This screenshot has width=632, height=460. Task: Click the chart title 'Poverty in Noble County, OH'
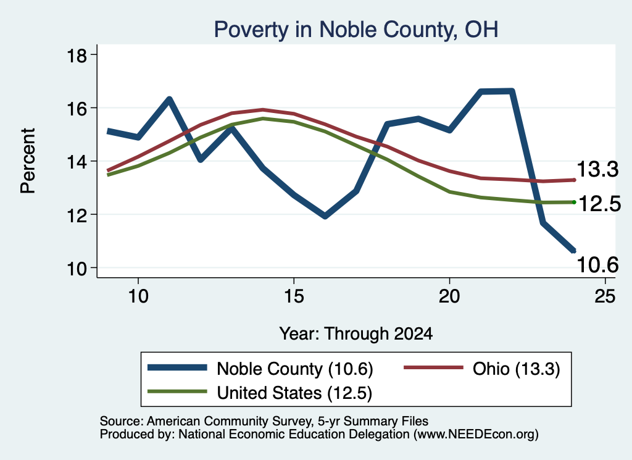pos(356,30)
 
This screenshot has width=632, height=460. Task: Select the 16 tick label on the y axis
pos(77,109)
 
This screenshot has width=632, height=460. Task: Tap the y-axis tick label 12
pos(77,215)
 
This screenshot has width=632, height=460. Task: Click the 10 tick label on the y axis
pos(77,269)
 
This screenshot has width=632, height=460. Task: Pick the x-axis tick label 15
pos(294,296)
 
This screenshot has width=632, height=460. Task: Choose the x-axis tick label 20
pos(449,296)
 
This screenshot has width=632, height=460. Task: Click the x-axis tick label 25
pos(605,296)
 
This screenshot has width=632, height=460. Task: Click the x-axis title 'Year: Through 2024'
pos(356,334)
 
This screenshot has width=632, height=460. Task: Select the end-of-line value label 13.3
pos(597,169)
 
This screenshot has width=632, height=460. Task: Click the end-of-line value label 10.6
pos(597,265)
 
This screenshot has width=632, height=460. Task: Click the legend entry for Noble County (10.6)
pos(260,369)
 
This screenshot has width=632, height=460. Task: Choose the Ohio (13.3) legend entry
pos(481,369)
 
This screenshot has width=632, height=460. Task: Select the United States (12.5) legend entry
pos(260,393)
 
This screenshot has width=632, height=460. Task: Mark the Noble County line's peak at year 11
pos(170,99)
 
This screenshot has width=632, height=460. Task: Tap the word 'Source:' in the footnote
pos(122,421)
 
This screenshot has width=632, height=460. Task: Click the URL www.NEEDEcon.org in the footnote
pos(476,434)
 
